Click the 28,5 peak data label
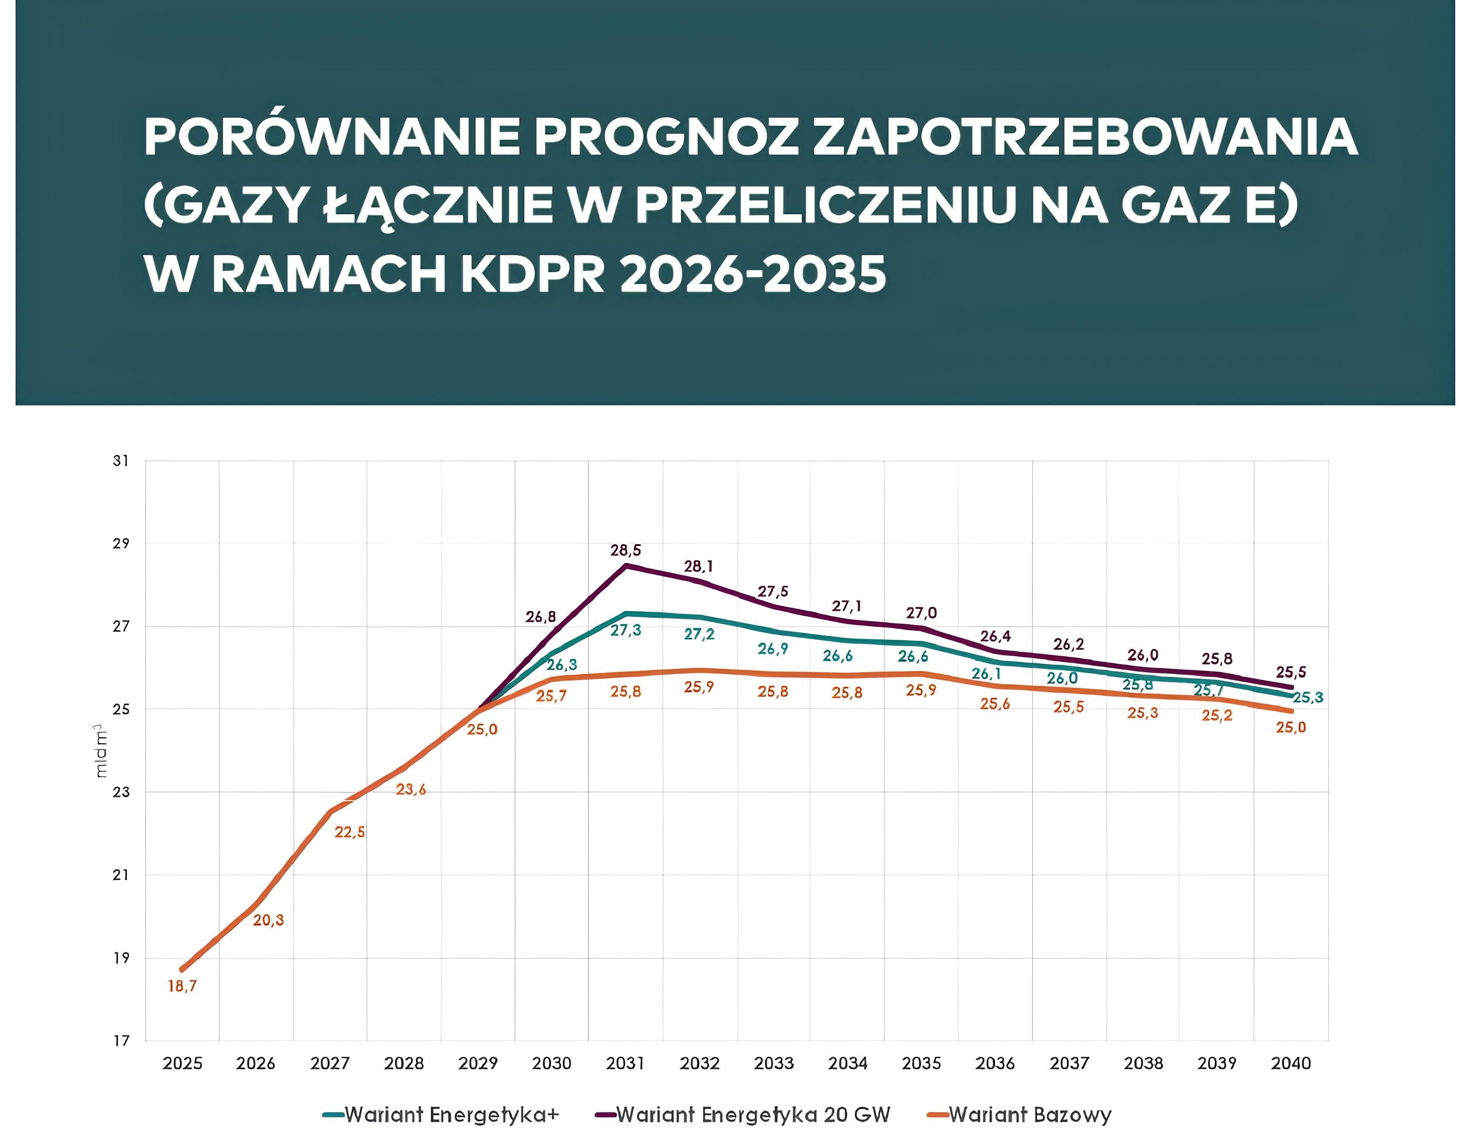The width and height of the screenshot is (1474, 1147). tap(626, 551)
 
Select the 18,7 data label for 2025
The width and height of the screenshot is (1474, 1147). tap(182, 987)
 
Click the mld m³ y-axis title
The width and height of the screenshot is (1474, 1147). tap(101, 751)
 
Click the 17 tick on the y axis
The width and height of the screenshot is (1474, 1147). tap(121, 1041)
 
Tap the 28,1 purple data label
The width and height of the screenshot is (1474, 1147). tap(699, 567)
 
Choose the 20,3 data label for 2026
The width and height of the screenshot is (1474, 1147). tap(268, 920)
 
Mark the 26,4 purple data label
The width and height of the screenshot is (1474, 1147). tap(995, 636)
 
